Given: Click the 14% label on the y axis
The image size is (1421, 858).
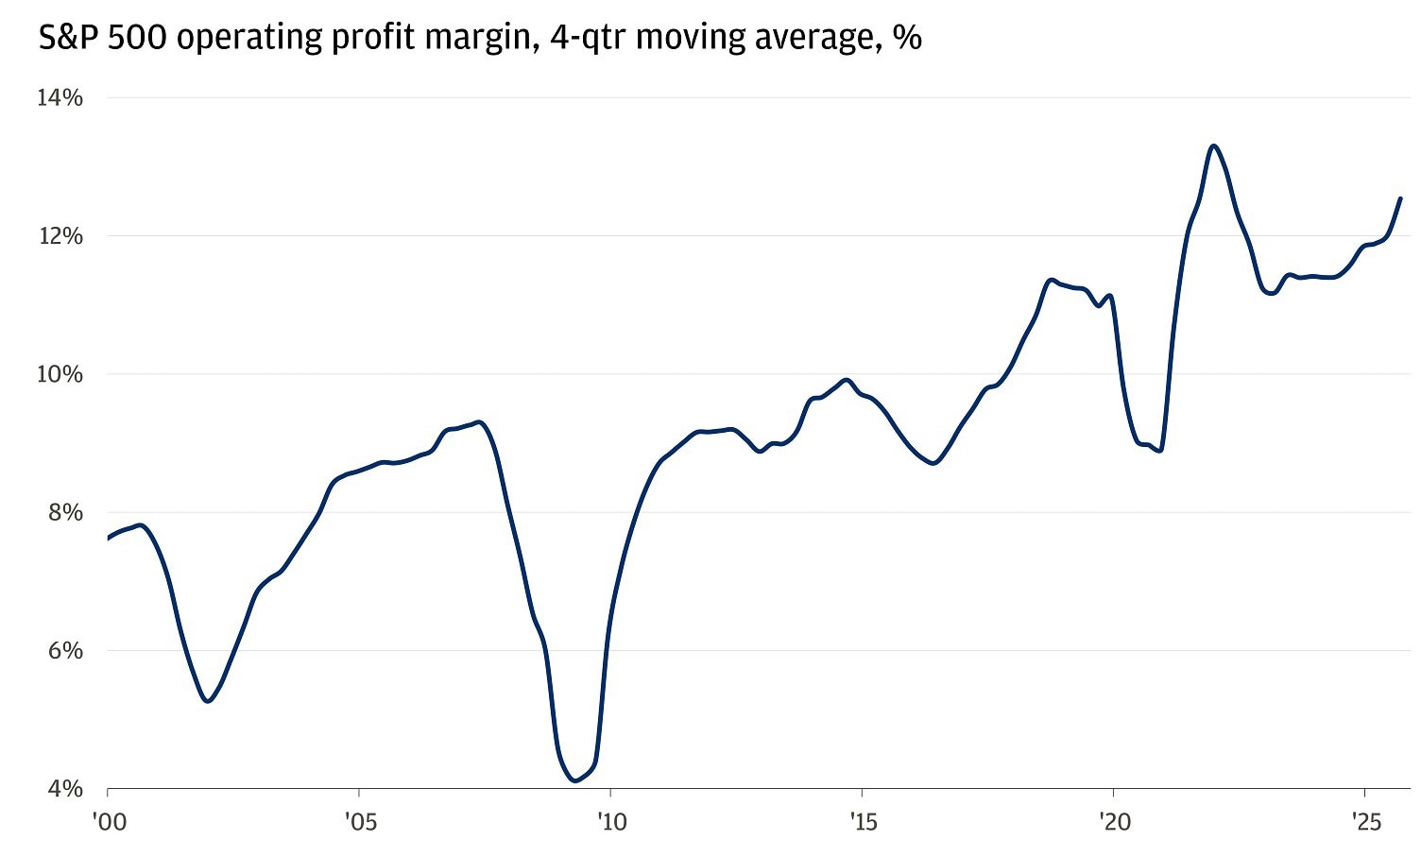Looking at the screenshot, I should (x=60, y=98).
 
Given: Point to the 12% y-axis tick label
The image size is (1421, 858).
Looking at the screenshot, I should (x=60, y=236).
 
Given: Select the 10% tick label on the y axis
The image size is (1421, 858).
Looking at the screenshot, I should (x=60, y=374).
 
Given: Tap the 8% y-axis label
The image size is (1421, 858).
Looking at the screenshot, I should (x=65, y=512).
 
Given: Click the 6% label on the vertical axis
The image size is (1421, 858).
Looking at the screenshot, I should (x=65, y=651).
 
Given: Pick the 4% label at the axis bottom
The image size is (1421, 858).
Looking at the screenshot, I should (x=65, y=789).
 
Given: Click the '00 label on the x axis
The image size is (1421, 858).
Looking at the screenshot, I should (x=109, y=822).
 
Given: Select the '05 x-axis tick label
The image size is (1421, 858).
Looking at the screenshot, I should (x=360, y=822).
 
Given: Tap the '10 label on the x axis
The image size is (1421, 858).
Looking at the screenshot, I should (x=611, y=822).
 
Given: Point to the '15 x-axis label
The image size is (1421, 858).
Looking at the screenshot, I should (x=863, y=822).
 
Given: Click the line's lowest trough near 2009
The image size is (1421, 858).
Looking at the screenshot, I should (x=574, y=781).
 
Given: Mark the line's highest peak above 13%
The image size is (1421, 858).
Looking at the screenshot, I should (x=1214, y=146).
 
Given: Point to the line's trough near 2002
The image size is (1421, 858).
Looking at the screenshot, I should (x=208, y=700).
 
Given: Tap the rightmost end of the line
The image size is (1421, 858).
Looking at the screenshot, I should (x=1400, y=198).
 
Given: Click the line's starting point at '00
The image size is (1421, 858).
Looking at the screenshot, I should (x=109, y=538).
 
